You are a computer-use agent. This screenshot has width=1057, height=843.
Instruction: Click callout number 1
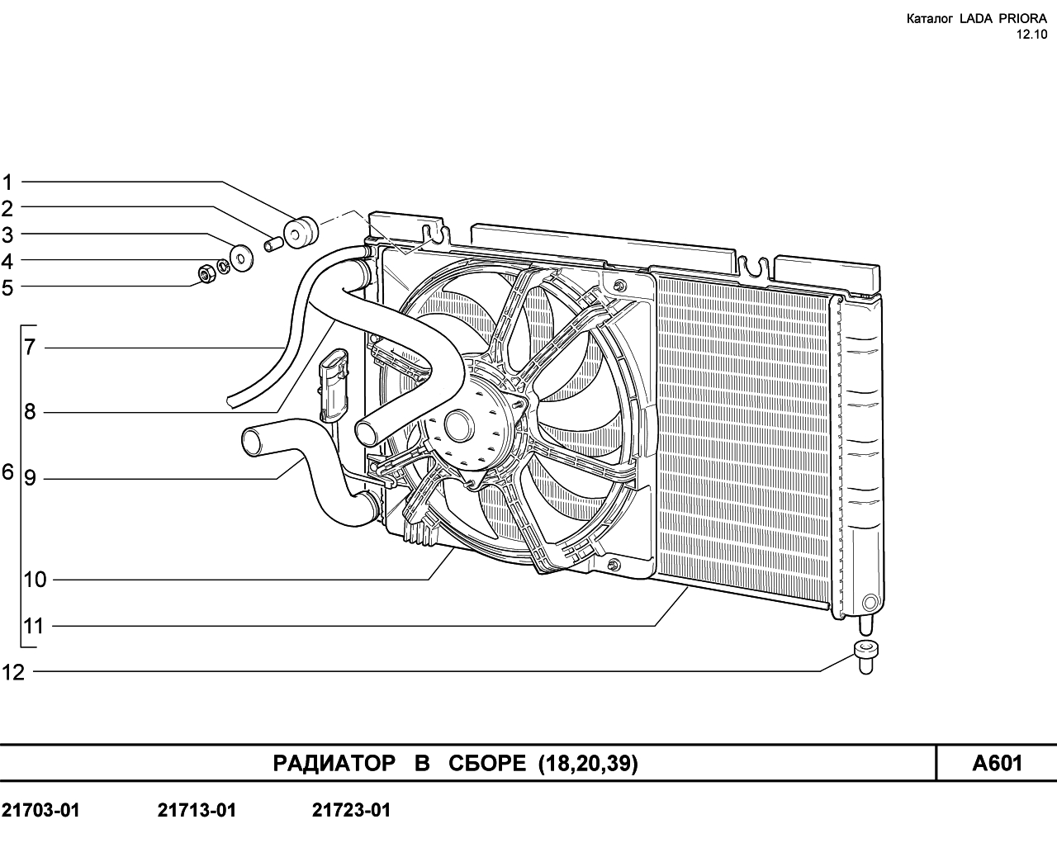pyautogui.click(x=7, y=182)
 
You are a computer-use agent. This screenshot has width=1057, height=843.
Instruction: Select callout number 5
pyautogui.click(x=7, y=288)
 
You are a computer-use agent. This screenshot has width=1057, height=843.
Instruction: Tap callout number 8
pyautogui.click(x=30, y=412)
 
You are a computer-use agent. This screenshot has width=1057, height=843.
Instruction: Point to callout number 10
pyautogui.click(x=35, y=580)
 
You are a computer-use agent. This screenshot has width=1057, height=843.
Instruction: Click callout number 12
pyautogui.click(x=13, y=673)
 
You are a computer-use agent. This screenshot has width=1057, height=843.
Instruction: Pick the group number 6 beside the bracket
pyautogui.click(x=8, y=472)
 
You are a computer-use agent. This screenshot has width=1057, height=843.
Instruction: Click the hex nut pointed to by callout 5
pyautogui.click(x=206, y=274)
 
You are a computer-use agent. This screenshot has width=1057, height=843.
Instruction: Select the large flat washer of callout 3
pyautogui.click(x=241, y=258)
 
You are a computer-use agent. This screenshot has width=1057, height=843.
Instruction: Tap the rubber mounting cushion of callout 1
pyautogui.click(x=301, y=232)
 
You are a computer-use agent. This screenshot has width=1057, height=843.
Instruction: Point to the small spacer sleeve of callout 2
pyautogui.click(x=273, y=244)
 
